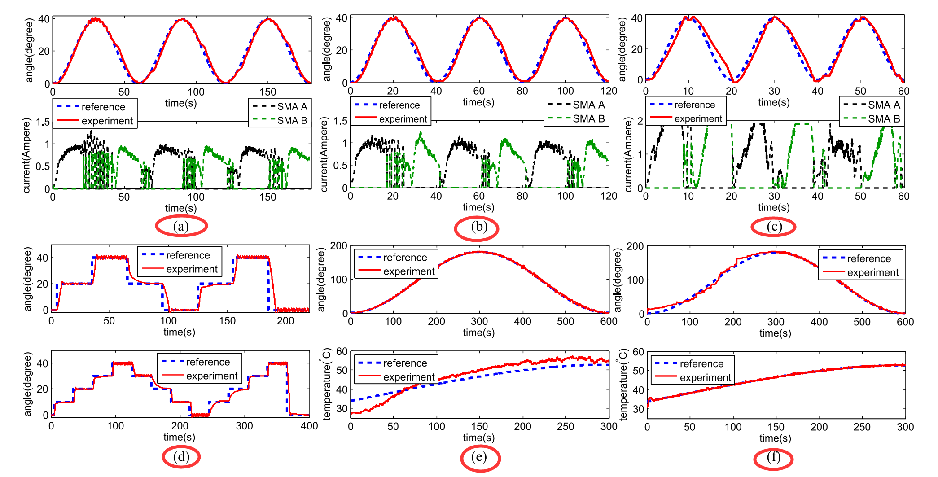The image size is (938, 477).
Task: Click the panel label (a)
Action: (181, 226)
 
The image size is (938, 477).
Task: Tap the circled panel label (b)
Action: (478, 227)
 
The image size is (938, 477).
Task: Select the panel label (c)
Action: (774, 227)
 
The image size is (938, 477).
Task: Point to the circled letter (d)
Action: (181, 457)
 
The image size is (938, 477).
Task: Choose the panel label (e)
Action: (479, 457)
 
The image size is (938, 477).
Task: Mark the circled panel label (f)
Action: (773, 457)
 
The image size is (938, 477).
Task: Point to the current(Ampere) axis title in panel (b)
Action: (324, 155)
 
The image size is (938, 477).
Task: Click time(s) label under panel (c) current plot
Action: (774, 207)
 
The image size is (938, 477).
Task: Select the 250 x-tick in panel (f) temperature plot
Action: (862, 427)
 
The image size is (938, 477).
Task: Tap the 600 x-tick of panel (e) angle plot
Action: (609, 321)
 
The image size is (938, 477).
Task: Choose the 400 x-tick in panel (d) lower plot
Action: (309, 426)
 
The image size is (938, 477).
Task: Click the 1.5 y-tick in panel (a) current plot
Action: (43, 122)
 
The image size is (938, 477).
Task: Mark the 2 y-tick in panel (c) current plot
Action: (640, 121)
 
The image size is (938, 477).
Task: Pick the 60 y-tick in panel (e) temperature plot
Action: (342, 351)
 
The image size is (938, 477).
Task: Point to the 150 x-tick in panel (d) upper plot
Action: (227, 321)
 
